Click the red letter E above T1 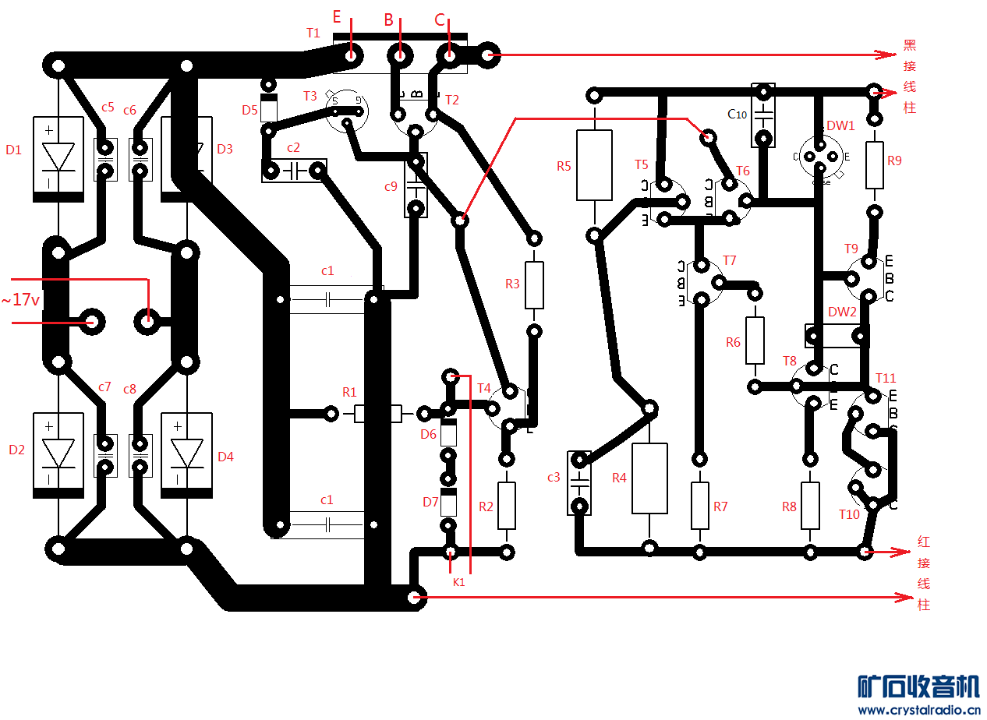[x=337, y=16]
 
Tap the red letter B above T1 [x=388, y=20]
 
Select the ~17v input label [x=21, y=298]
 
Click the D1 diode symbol [x=58, y=158]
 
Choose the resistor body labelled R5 [x=594, y=164]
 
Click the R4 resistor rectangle [x=649, y=478]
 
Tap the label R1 [x=349, y=392]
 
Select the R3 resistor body [x=534, y=284]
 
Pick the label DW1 [x=840, y=125]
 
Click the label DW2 [x=842, y=312]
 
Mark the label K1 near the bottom [x=458, y=581]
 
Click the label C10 [x=737, y=115]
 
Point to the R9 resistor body [x=875, y=165]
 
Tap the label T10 [x=849, y=514]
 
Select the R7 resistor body [x=700, y=505]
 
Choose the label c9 [x=391, y=186]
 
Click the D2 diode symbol [x=58, y=454]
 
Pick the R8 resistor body [x=811, y=505]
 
